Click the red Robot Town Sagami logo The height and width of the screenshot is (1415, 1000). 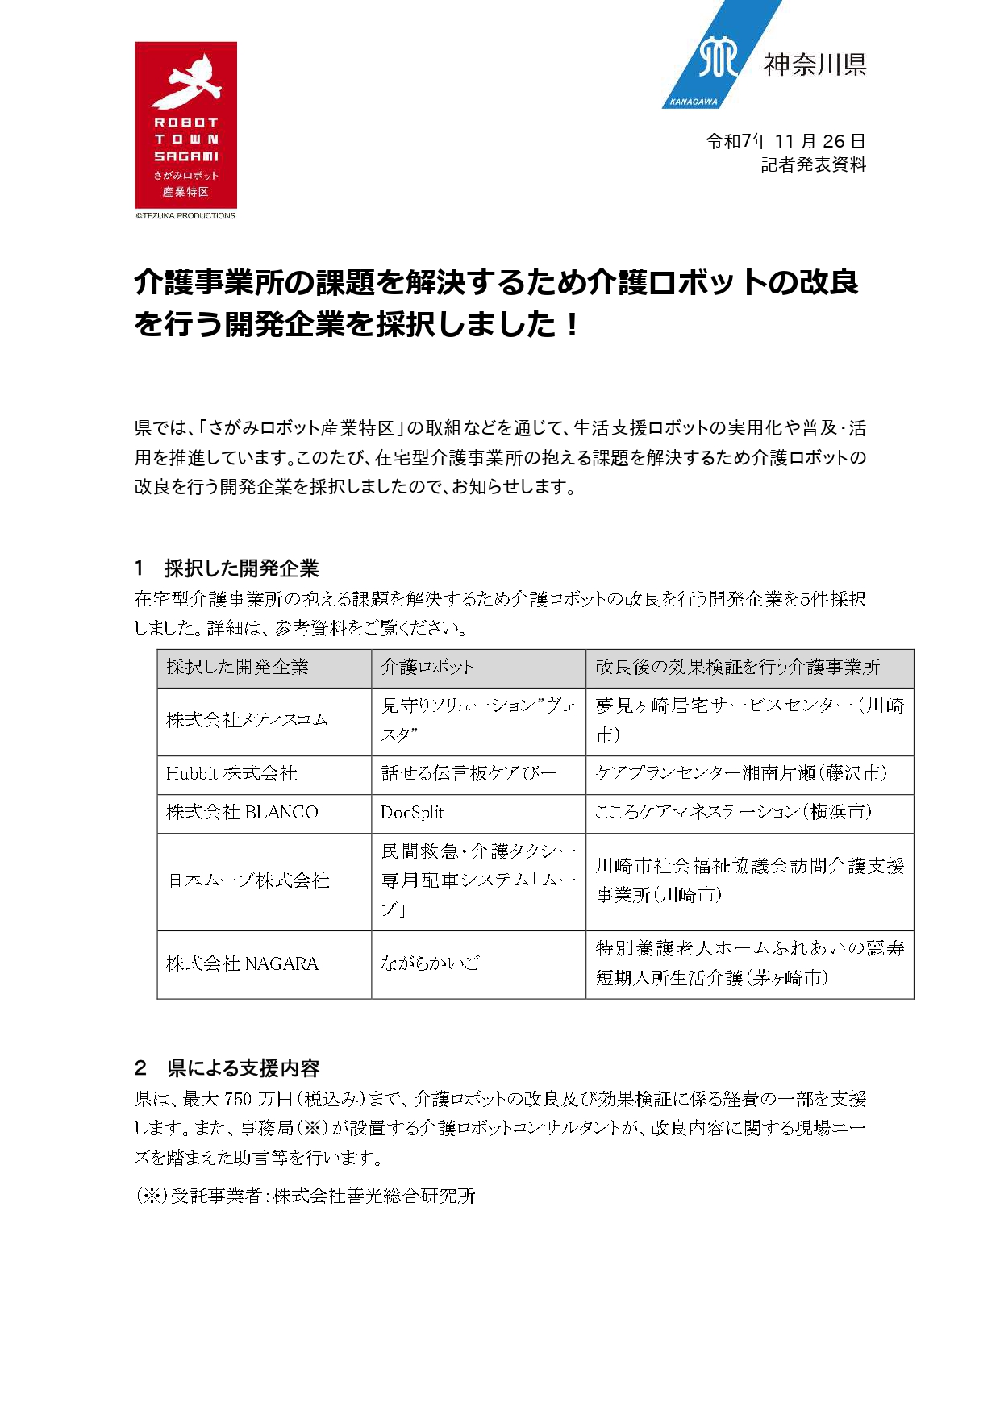click(185, 125)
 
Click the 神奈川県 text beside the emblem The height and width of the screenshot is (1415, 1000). click(815, 64)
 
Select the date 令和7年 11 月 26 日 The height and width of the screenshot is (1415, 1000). click(785, 141)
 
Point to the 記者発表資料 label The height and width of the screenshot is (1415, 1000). click(813, 165)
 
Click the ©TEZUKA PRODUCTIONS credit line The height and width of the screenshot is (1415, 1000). click(185, 216)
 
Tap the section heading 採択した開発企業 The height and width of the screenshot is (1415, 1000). click(241, 568)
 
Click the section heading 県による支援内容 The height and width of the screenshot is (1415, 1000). click(243, 1068)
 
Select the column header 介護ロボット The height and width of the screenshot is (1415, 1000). click(427, 667)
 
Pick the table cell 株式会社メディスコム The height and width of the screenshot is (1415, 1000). click(247, 720)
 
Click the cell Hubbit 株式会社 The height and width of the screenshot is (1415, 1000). click(231, 774)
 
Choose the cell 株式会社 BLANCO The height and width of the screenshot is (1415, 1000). click(242, 813)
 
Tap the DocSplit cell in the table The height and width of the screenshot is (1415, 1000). click(412, 813)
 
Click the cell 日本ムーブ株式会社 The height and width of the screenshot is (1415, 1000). click(248, 880)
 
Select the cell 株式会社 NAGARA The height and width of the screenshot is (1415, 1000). click(242, 963)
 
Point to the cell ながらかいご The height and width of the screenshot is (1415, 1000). click(430, 963)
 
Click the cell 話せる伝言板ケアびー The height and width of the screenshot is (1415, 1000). click(469, 774)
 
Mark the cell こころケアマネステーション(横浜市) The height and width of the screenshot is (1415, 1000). click(733, 813)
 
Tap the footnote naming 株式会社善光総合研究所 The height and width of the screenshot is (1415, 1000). click(306, 1196)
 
